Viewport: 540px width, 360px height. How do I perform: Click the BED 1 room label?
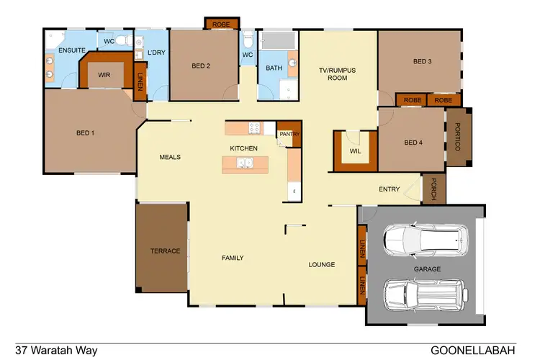pyautogui.click(x=85, y=132)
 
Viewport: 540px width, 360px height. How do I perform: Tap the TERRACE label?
pyautogui.click(x=165, y=251)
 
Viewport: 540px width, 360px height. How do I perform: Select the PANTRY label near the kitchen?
pyautogui.click(x=289, y=134)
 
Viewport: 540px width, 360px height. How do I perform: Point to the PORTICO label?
pyautogui.click(x=457, y=137)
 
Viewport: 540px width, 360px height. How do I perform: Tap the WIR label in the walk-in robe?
pyautogui.click(x=104, y=74)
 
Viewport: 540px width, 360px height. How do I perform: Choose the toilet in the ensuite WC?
pyautogui.click(x=123, y=41)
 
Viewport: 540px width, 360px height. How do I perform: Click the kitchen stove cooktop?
pyautogui.click(x=254, y=129)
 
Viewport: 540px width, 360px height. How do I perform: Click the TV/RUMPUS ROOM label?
pyautogui.click(x=338, y=73)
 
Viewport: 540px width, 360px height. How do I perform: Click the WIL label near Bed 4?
pyautogui.click(x=354, y=150)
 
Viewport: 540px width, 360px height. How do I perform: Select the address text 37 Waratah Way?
pyautogui.click(x=56, y=351)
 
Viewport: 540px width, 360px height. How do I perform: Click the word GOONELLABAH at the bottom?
pyautogui.click(x=473, y=351)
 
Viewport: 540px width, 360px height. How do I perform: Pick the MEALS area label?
pyautogui.click(x=169, y=157)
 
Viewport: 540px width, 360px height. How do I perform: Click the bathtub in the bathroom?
pyautogui.click(x=278, y=40)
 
